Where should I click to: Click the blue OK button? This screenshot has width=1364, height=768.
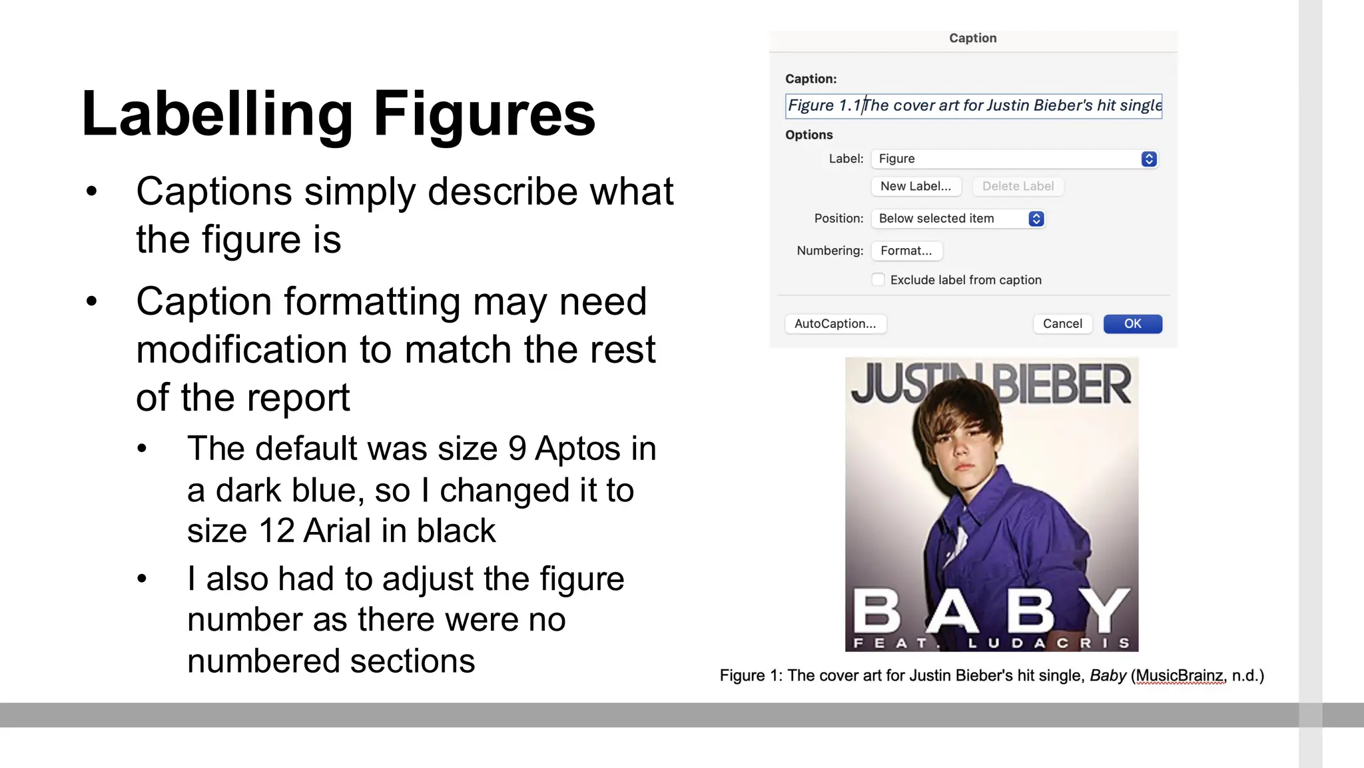(x=1132, y=324)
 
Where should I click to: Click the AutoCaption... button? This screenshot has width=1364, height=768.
(x=835, y=324)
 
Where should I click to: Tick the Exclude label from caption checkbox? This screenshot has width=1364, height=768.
(x=878, y=280)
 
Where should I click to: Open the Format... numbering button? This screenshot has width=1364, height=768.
(x=906, y=251)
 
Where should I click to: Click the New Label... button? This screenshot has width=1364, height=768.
(x=916, y=186)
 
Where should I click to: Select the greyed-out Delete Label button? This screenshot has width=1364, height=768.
(x=1018, y=186)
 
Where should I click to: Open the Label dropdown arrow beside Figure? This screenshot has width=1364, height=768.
(x=1149, y=159)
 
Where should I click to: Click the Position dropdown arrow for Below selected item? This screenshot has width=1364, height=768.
(x=1036, y=219)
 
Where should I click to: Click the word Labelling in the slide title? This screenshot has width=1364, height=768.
(x=217, y=115)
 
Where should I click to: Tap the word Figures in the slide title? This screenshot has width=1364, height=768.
(x=484, y=115)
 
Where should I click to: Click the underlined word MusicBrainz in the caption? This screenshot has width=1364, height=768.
(x=1180, y=676)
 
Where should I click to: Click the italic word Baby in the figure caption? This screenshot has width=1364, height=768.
(x=1108, y=676)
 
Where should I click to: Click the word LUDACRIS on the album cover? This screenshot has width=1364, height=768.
(x=1049, y=643)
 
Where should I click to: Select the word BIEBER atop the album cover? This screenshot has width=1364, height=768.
(x=1062, y=385)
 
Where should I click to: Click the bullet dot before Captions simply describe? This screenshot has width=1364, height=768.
(x=92, y=192)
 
